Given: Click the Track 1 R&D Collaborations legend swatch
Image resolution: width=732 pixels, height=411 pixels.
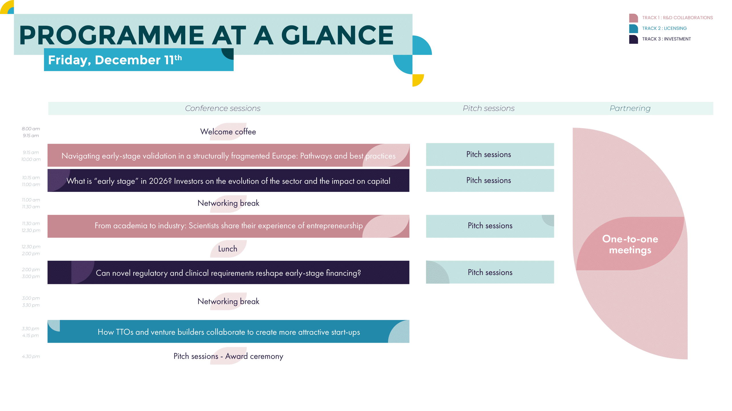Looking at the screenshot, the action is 633,18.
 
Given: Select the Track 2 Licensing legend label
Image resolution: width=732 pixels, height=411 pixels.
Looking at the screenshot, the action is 664,28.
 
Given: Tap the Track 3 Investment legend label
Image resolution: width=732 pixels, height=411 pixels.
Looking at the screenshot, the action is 667,39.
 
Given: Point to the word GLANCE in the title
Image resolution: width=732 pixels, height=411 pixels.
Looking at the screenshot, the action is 337,35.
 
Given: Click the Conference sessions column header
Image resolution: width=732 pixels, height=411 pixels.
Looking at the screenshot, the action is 223,108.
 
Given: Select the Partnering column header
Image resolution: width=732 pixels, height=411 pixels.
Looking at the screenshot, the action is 630,108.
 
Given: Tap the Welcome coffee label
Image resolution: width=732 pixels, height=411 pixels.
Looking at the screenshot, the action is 228,132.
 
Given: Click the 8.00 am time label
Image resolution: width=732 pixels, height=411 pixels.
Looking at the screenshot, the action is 31,129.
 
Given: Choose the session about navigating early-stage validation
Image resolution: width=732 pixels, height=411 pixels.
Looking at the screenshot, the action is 228,155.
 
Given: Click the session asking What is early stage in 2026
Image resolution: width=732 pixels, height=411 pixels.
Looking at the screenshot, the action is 228,181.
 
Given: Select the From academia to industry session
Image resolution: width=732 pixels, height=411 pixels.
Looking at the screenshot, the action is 228,226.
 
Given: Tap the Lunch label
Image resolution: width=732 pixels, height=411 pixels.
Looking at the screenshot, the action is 228,249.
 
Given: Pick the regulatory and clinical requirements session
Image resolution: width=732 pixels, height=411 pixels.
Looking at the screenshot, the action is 228,272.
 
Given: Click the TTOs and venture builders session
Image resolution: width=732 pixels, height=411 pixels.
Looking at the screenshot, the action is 228,331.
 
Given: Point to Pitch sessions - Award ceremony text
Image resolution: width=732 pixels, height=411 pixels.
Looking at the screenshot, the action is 228,356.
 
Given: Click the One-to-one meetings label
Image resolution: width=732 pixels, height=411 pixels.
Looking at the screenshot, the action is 630,244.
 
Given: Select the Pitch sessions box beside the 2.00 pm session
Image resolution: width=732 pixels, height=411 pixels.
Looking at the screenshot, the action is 490,272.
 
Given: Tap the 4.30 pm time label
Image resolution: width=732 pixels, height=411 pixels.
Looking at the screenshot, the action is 31,356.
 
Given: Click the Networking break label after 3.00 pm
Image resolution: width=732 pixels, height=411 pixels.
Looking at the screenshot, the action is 228,301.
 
